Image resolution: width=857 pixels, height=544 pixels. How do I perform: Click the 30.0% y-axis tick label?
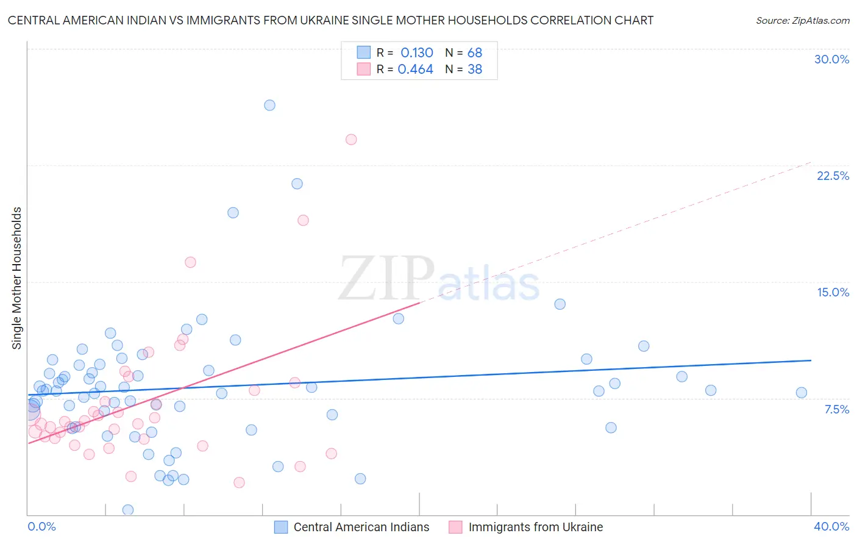coord(831,59)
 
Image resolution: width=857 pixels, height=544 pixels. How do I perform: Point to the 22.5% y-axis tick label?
coord(833,176)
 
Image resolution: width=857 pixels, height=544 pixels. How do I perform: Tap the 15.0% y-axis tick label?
coord(833,292)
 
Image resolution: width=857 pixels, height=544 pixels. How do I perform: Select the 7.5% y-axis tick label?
coord(836,409)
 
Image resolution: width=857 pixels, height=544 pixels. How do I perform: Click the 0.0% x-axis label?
coord(41,526)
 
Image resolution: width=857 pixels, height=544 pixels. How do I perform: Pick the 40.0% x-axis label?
coord(831,526)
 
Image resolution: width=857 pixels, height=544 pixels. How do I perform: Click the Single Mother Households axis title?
coord(17,278)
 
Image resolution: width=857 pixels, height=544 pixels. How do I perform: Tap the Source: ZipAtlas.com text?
coord(802,21)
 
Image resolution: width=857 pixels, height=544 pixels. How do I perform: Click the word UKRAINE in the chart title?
coord(326,20)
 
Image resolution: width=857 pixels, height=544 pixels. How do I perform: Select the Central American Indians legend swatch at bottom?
coord(281,527)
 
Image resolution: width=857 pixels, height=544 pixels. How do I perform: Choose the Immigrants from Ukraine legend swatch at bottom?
coord(455,527)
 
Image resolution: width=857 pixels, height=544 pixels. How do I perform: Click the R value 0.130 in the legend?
coord(416,53)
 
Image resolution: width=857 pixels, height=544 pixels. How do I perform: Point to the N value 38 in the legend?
coord(474,70)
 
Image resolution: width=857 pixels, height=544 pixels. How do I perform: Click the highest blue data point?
coord(269,105)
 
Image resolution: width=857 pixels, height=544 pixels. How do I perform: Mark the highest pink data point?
coord(351,140)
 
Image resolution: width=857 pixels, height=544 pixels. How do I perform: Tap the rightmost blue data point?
coord(802,393)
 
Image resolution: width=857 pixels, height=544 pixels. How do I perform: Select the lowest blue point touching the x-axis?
coord(128,510)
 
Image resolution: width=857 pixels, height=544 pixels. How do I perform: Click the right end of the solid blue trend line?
coord(811,360)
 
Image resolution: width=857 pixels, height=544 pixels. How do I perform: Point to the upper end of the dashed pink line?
coord(811,162)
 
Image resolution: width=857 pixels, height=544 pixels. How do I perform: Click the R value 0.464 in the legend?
coord(415,70)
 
